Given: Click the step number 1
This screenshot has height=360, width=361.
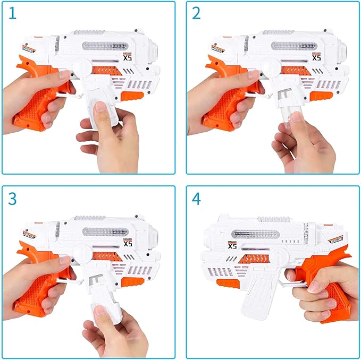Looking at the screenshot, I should click(12, 14).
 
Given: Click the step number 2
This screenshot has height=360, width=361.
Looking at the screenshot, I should click(196, 14).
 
